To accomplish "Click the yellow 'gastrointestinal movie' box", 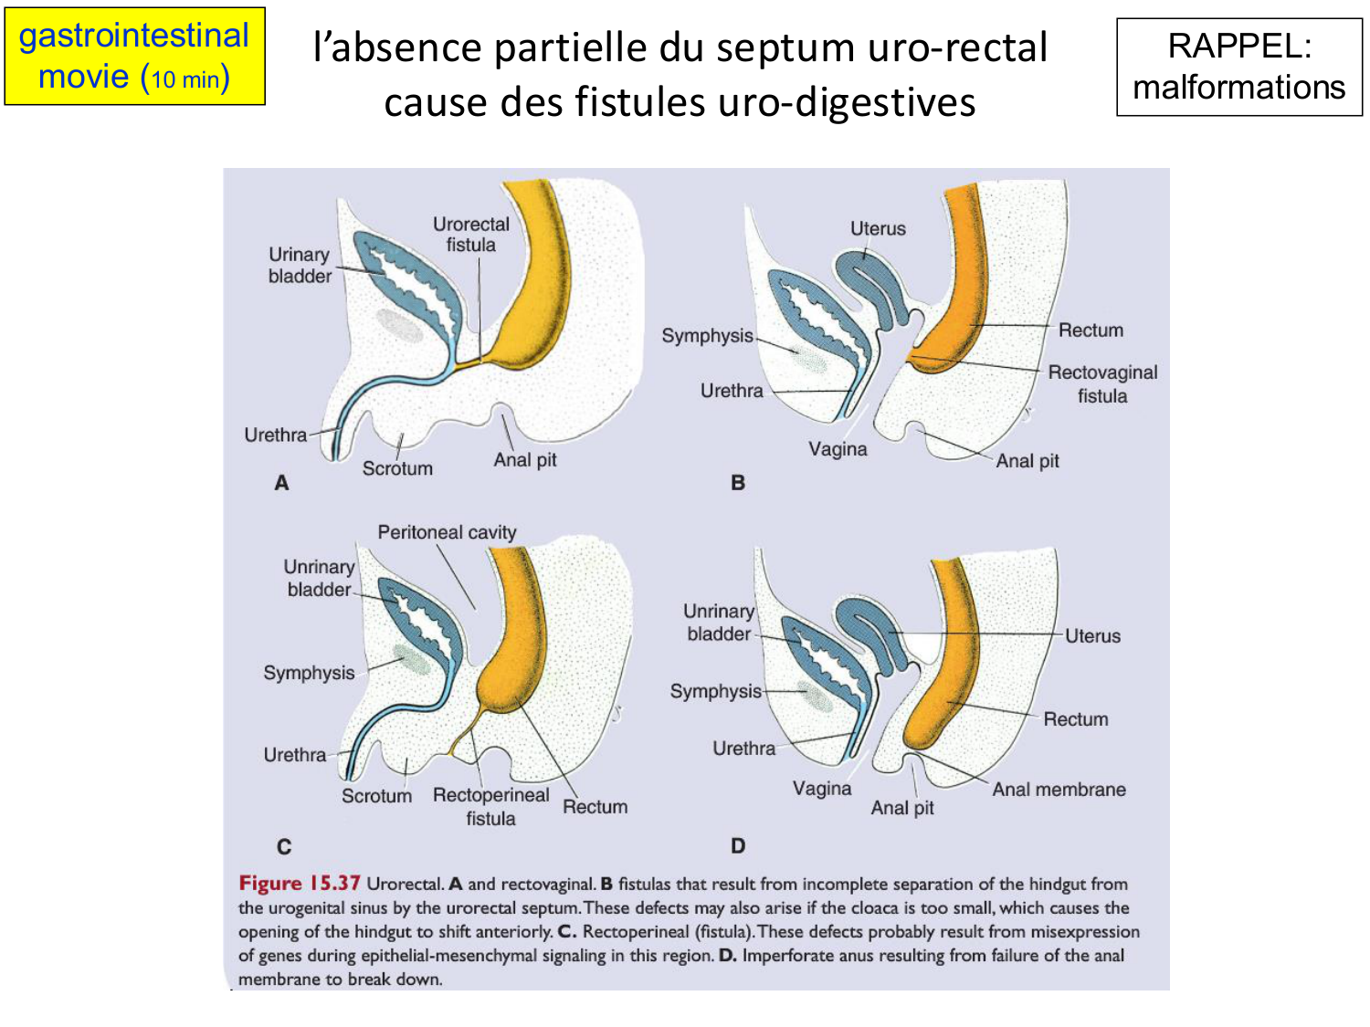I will click(134, 57).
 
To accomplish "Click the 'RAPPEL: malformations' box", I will click(1238, 67).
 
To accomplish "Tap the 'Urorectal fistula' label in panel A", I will click(471, 235).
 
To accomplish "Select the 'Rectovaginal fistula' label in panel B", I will click(1102, 384).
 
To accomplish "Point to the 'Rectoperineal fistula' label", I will click(491, 806).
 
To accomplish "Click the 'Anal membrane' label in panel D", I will click(1059, 790).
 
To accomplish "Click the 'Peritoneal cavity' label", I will click(447, 532).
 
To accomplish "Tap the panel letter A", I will click(281, 483).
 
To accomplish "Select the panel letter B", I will click(738, 483).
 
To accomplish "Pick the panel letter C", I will click(284, 847).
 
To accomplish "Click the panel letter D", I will click(738, 846).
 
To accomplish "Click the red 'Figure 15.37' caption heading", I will click(300, 884).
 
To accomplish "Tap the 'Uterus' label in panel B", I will click(878, 228).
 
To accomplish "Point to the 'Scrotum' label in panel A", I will click(397, 468).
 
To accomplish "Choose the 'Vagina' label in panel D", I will click(822, 789).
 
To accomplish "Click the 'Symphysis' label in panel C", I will click(309, 673).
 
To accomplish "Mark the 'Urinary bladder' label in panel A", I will click(300, 265).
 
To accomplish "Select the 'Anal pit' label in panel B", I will click(1027, 461).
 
